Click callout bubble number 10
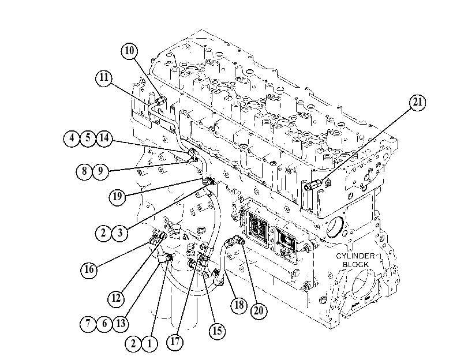pyautogui.click(x=129, y=51)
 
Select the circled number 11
pyautogui.click(x=104, y=78)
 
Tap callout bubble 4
pyautogui.click(x=72, y=138)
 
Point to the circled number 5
pyautogui.click(x=88, y=138)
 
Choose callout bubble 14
pyautogui.click(x=104, y=138)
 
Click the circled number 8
pyautogui.click(x=84, y=171)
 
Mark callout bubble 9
pyautogui.click(x=100, y=171)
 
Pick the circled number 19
pyautogui.click(x=117, y=197)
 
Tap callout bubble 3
pyautogui.click(x=120, y=233)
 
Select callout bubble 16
pyautogui.click(x=89, y=270)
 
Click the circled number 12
pyautogui.click(x=116, y=298)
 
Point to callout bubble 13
pyautogui.click(x=121, y=324)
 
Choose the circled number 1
pyautogui.click(x=149, y=344)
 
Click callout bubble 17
pyautogui.click(x=175, y=341)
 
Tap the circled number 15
pyautogui.click(x=217, y=331)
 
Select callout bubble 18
pyautogui.click(x=239, y=305)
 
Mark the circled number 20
pyautogui.click(x=259, y=311)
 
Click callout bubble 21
pyautogui.click(x=417, y=103)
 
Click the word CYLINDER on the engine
pyautogui.click(x=355, y=256)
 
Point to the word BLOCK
pyautogui.click(x=355, y=264)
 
